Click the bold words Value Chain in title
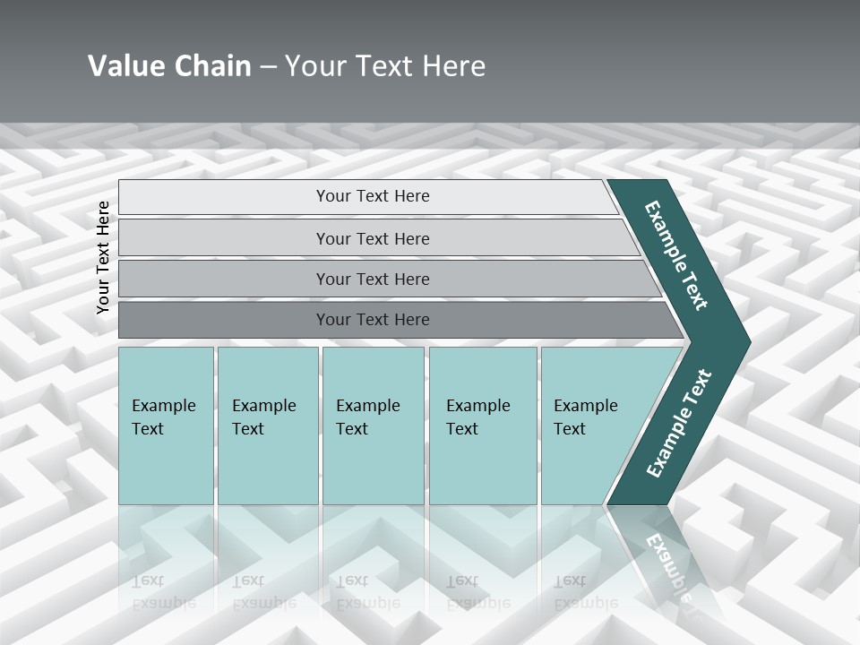pyautogui.click(x=169, y=65)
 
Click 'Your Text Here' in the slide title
pyautogui.click(x=385, y=65)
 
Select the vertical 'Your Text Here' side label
pyautogui.click(x=103, y=257)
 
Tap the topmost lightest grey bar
pyautogui.click(x=224, y=197)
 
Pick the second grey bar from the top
pyautogui.click(x=224, y=238)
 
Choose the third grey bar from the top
pyautogui.click(x=224, y=279)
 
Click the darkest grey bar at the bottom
pyautogui.click(x=224, y=320)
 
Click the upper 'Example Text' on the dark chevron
pyautogui.click(x=676, y=255)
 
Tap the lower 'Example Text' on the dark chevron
pyautogui.click(x=679, y=424)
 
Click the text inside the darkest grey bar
pyautogui.click(x=373, y=320)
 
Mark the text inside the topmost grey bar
pyautogui.click(x=373, y=196)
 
